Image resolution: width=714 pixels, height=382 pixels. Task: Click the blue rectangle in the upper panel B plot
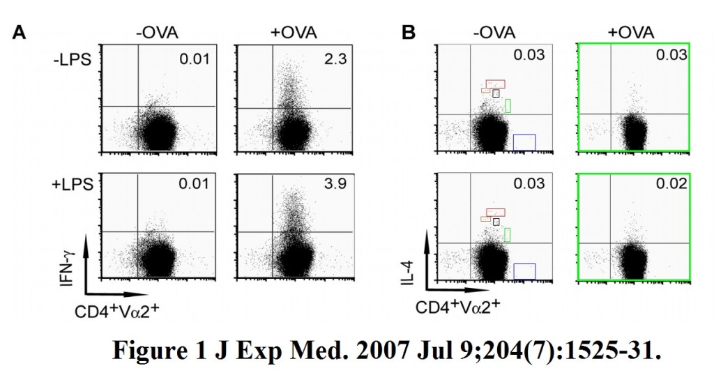(x=524, y=142)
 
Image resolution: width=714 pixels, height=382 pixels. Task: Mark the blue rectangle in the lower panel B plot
(x=524, y=271)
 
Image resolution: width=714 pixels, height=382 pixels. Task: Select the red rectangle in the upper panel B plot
(x=495, y=84)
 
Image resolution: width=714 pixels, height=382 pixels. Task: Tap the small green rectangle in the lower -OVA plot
(x=507, y=234)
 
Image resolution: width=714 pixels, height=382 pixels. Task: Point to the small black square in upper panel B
(x=496, y=93)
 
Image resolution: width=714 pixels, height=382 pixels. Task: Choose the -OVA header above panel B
(x=490, y=32)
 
